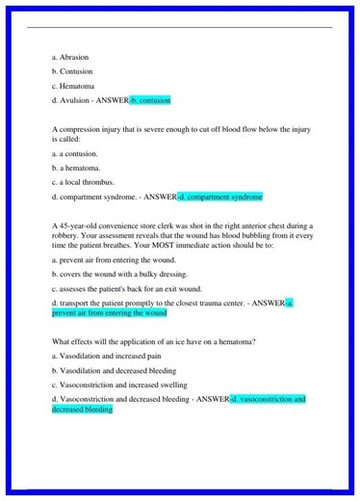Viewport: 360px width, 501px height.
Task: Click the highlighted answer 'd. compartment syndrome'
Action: tap(220, 197)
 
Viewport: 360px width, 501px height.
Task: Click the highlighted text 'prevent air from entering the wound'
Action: tap(110, 312)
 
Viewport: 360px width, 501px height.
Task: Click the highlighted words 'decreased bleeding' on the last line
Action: tap(82, 409)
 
